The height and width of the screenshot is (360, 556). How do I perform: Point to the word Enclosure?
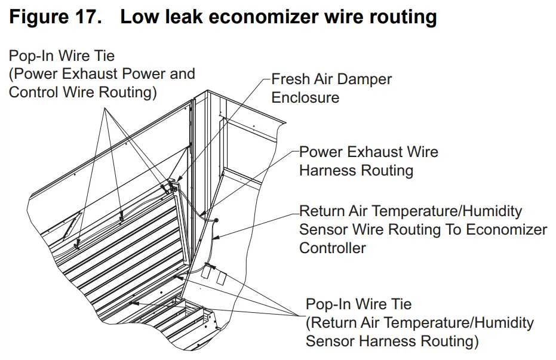point(305,97)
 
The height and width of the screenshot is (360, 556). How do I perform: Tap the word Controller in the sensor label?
point(333,247)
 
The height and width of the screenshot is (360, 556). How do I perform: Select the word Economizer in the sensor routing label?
point(506,229)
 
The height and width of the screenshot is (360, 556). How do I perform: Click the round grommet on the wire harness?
point(216,220)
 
